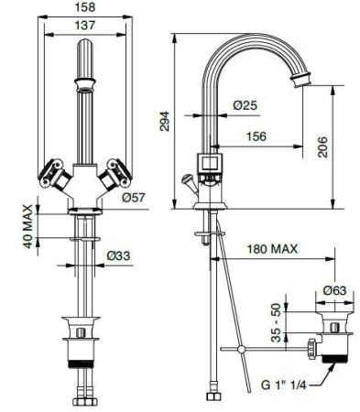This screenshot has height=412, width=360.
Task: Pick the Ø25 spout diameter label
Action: (x=245, y=106)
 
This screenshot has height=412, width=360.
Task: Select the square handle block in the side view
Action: (x=213, y=164)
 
